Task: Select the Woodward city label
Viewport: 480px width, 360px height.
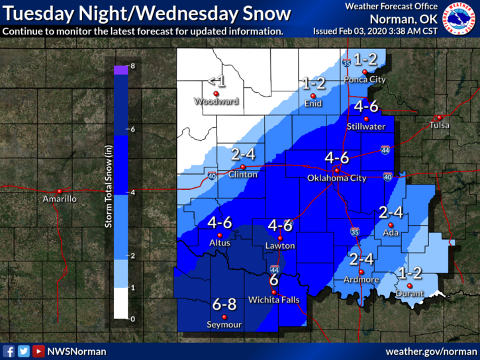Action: tap(216, 101)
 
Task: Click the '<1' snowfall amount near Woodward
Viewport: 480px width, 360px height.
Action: tap(216, 81)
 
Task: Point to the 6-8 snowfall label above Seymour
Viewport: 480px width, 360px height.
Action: tap(224, 304)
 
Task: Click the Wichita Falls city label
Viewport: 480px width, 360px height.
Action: tap(274, 300)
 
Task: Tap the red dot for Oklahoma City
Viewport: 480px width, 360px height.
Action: tap(336, 170)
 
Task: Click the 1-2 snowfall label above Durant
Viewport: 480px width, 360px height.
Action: tap(409, 272)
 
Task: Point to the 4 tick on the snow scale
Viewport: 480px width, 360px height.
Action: tap(132, 192)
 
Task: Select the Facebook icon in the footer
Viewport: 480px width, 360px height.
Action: tap(9, 351)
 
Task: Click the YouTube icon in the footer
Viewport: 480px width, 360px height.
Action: tap(38, 351)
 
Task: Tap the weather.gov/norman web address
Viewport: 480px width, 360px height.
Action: tap(430, 351)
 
